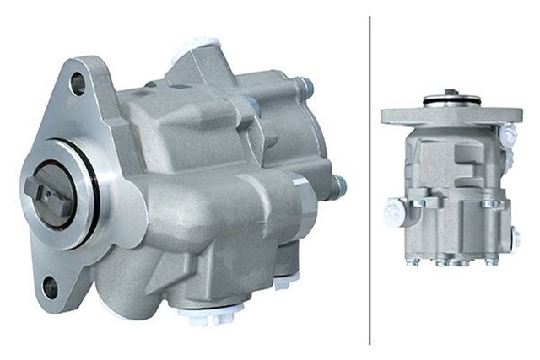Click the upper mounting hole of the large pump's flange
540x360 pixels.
point(78,83)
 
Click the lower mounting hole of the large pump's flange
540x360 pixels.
point(51,287)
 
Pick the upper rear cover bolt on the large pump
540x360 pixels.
point(303,85)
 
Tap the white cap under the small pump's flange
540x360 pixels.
point(509,133)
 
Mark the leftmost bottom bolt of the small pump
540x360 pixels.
point(414,261)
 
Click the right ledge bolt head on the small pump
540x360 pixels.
point(489,203)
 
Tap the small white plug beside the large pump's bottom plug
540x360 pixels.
point(282,283)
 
